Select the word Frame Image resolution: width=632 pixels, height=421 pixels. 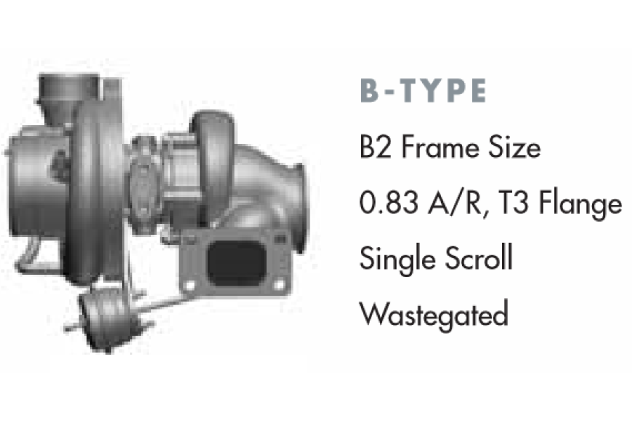click(440, 147)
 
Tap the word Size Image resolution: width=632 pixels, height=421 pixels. click(514, 147)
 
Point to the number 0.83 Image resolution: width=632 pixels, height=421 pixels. click(388, 202)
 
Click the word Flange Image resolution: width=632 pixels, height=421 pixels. click(581, 203)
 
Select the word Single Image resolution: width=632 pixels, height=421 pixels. click(397, 259)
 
